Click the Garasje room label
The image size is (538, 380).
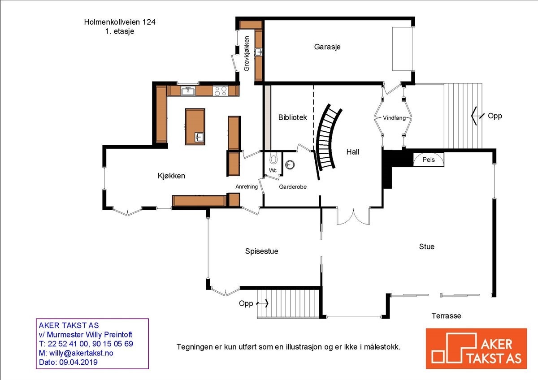(327, 47)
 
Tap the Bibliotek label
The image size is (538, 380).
(292, 117)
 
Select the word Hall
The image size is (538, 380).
(353, 152)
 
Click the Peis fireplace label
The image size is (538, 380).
(429, 160)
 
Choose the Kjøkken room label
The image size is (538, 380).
(171, 176)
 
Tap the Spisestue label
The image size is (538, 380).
(261, 251)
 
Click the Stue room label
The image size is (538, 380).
(426, 246)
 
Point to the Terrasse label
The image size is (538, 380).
(446, 316)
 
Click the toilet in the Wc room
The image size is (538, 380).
(273, 159)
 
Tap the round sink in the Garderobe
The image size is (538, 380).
(290, 164)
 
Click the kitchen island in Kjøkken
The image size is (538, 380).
(195, 126)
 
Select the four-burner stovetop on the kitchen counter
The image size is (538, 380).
(220, 91)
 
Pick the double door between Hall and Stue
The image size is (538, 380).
(353, 216)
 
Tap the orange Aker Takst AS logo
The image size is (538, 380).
(476, 349)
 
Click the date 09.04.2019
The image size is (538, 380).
(78, 362)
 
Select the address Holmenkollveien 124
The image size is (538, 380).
(120, 22)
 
